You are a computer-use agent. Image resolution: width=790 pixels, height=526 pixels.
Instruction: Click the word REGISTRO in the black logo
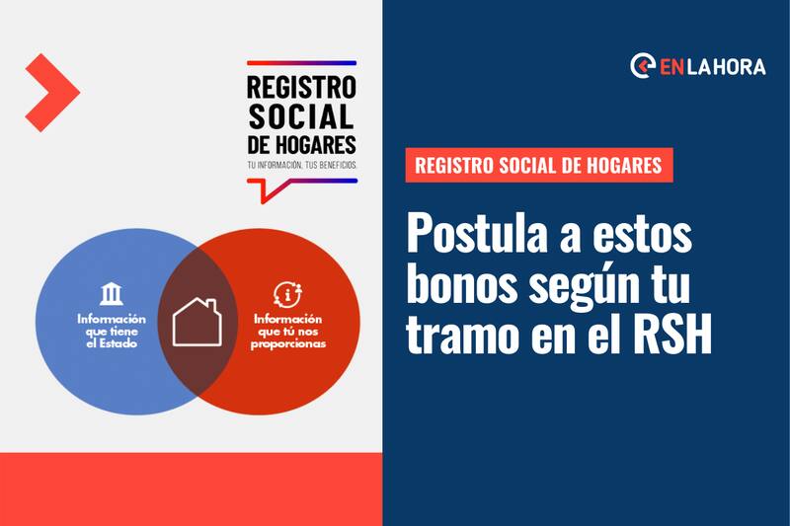point(301,87)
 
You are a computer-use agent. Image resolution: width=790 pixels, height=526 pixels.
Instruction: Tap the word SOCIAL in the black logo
point(301,116)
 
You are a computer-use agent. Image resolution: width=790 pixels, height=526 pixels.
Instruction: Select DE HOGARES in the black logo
point(301,145)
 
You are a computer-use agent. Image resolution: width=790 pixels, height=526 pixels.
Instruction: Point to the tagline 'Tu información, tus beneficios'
point(302,165)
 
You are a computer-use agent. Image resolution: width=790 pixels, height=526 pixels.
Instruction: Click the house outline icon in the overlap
point(197,322)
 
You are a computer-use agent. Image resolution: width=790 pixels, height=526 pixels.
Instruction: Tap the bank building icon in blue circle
point(112,294)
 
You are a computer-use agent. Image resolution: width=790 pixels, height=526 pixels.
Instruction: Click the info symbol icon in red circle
point(287,294)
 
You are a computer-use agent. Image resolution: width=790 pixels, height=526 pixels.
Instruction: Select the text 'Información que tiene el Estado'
point(112,332)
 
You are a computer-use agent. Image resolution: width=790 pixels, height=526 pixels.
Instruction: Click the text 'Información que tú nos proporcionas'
point(288,332)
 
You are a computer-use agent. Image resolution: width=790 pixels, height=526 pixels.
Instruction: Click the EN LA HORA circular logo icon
point(643,66)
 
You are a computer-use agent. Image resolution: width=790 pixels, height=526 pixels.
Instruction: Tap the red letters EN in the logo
point(671,67)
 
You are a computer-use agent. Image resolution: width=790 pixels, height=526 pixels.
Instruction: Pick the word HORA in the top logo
point(741,67)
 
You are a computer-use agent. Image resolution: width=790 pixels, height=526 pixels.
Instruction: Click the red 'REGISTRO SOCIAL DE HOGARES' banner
point(539,165)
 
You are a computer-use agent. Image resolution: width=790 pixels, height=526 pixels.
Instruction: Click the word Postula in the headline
point(476,234)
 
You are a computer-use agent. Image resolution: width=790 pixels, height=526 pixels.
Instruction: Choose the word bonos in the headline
point(462,285)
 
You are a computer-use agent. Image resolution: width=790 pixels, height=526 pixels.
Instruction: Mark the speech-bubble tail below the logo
point(270,191)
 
